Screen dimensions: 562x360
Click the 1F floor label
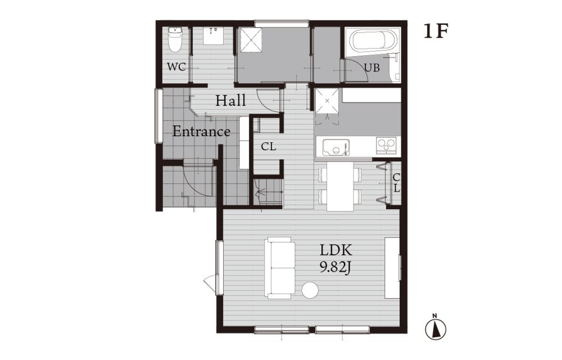pos(436,31)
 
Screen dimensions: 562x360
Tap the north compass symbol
pos(436,327)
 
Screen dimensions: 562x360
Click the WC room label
pos(176,67)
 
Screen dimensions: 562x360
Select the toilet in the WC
pos(175,40)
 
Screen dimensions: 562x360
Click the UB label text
pos(371,67)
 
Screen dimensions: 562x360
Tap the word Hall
pos(230,100)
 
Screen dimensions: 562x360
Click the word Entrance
pos(201,131)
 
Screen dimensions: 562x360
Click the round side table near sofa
pos(310,290)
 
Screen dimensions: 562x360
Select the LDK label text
pos(336,250)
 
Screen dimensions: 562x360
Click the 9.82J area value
pos(335,268)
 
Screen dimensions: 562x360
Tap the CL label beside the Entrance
pos(269,146)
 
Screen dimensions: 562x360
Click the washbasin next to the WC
pos(214,36)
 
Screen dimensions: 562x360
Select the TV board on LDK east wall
pos(392,268)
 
